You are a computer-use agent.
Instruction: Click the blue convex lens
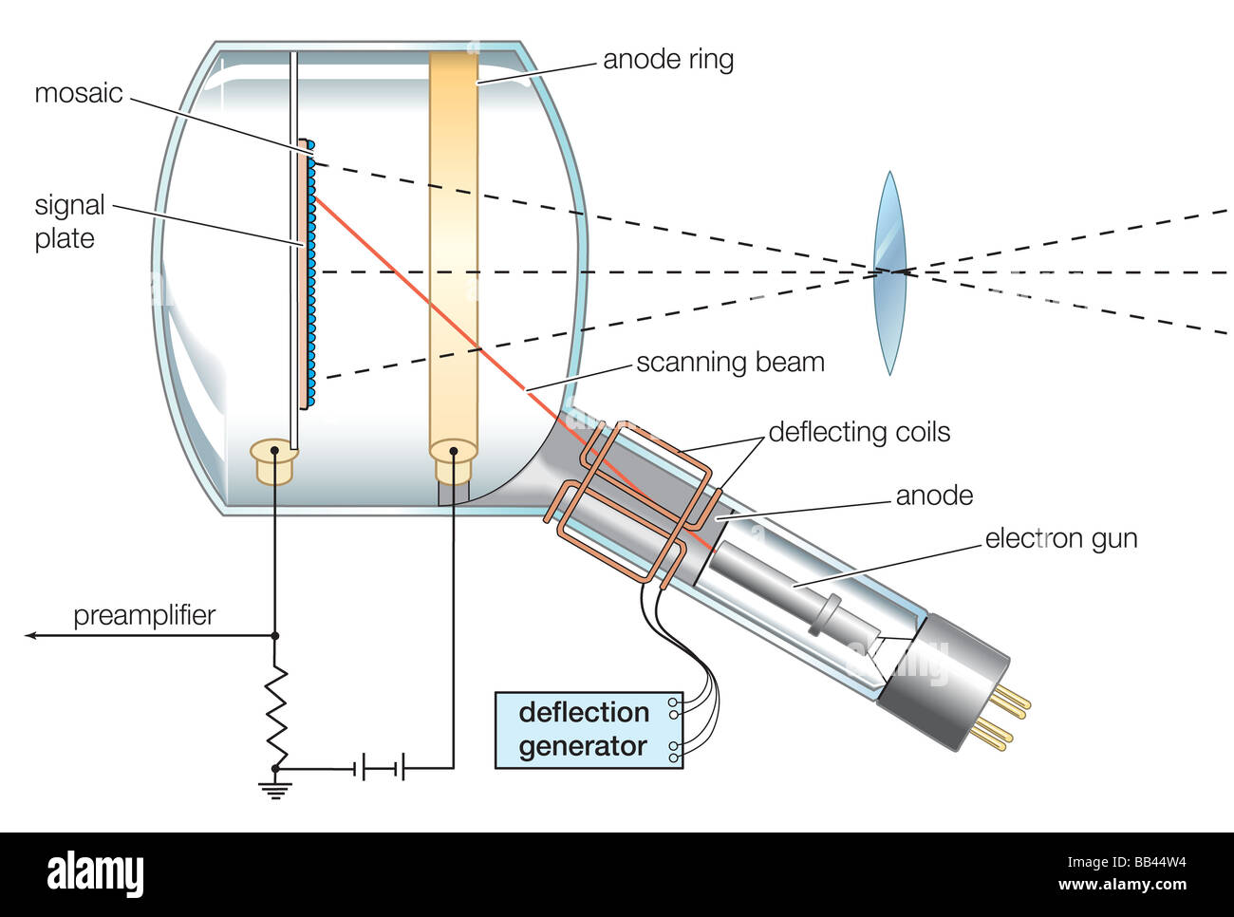click(x=889, y=273)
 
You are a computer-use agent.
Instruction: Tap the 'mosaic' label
click(x=79, y=93)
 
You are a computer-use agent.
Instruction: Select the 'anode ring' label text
click(x=668, y=60)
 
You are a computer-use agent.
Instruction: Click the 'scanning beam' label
click(x=730, y=363)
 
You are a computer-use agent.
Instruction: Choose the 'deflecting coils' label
click(x=859, y=433)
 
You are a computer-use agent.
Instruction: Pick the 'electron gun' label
click(x=1060, y=539)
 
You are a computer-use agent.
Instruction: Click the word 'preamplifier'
click(x=144, y=615)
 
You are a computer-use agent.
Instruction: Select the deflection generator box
click(x=589, y=729)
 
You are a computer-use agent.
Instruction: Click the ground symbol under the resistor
click(x=275, y=787)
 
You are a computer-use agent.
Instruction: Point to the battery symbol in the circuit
click(x=380, y=767)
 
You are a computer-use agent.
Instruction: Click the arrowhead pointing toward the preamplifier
click(x=32, y=635)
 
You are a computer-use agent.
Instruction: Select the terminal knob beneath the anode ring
click(x=453, y=459)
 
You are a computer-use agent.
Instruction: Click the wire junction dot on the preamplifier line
click(x=275, y=635)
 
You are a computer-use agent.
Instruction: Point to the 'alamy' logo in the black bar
click(x=95, y=874)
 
